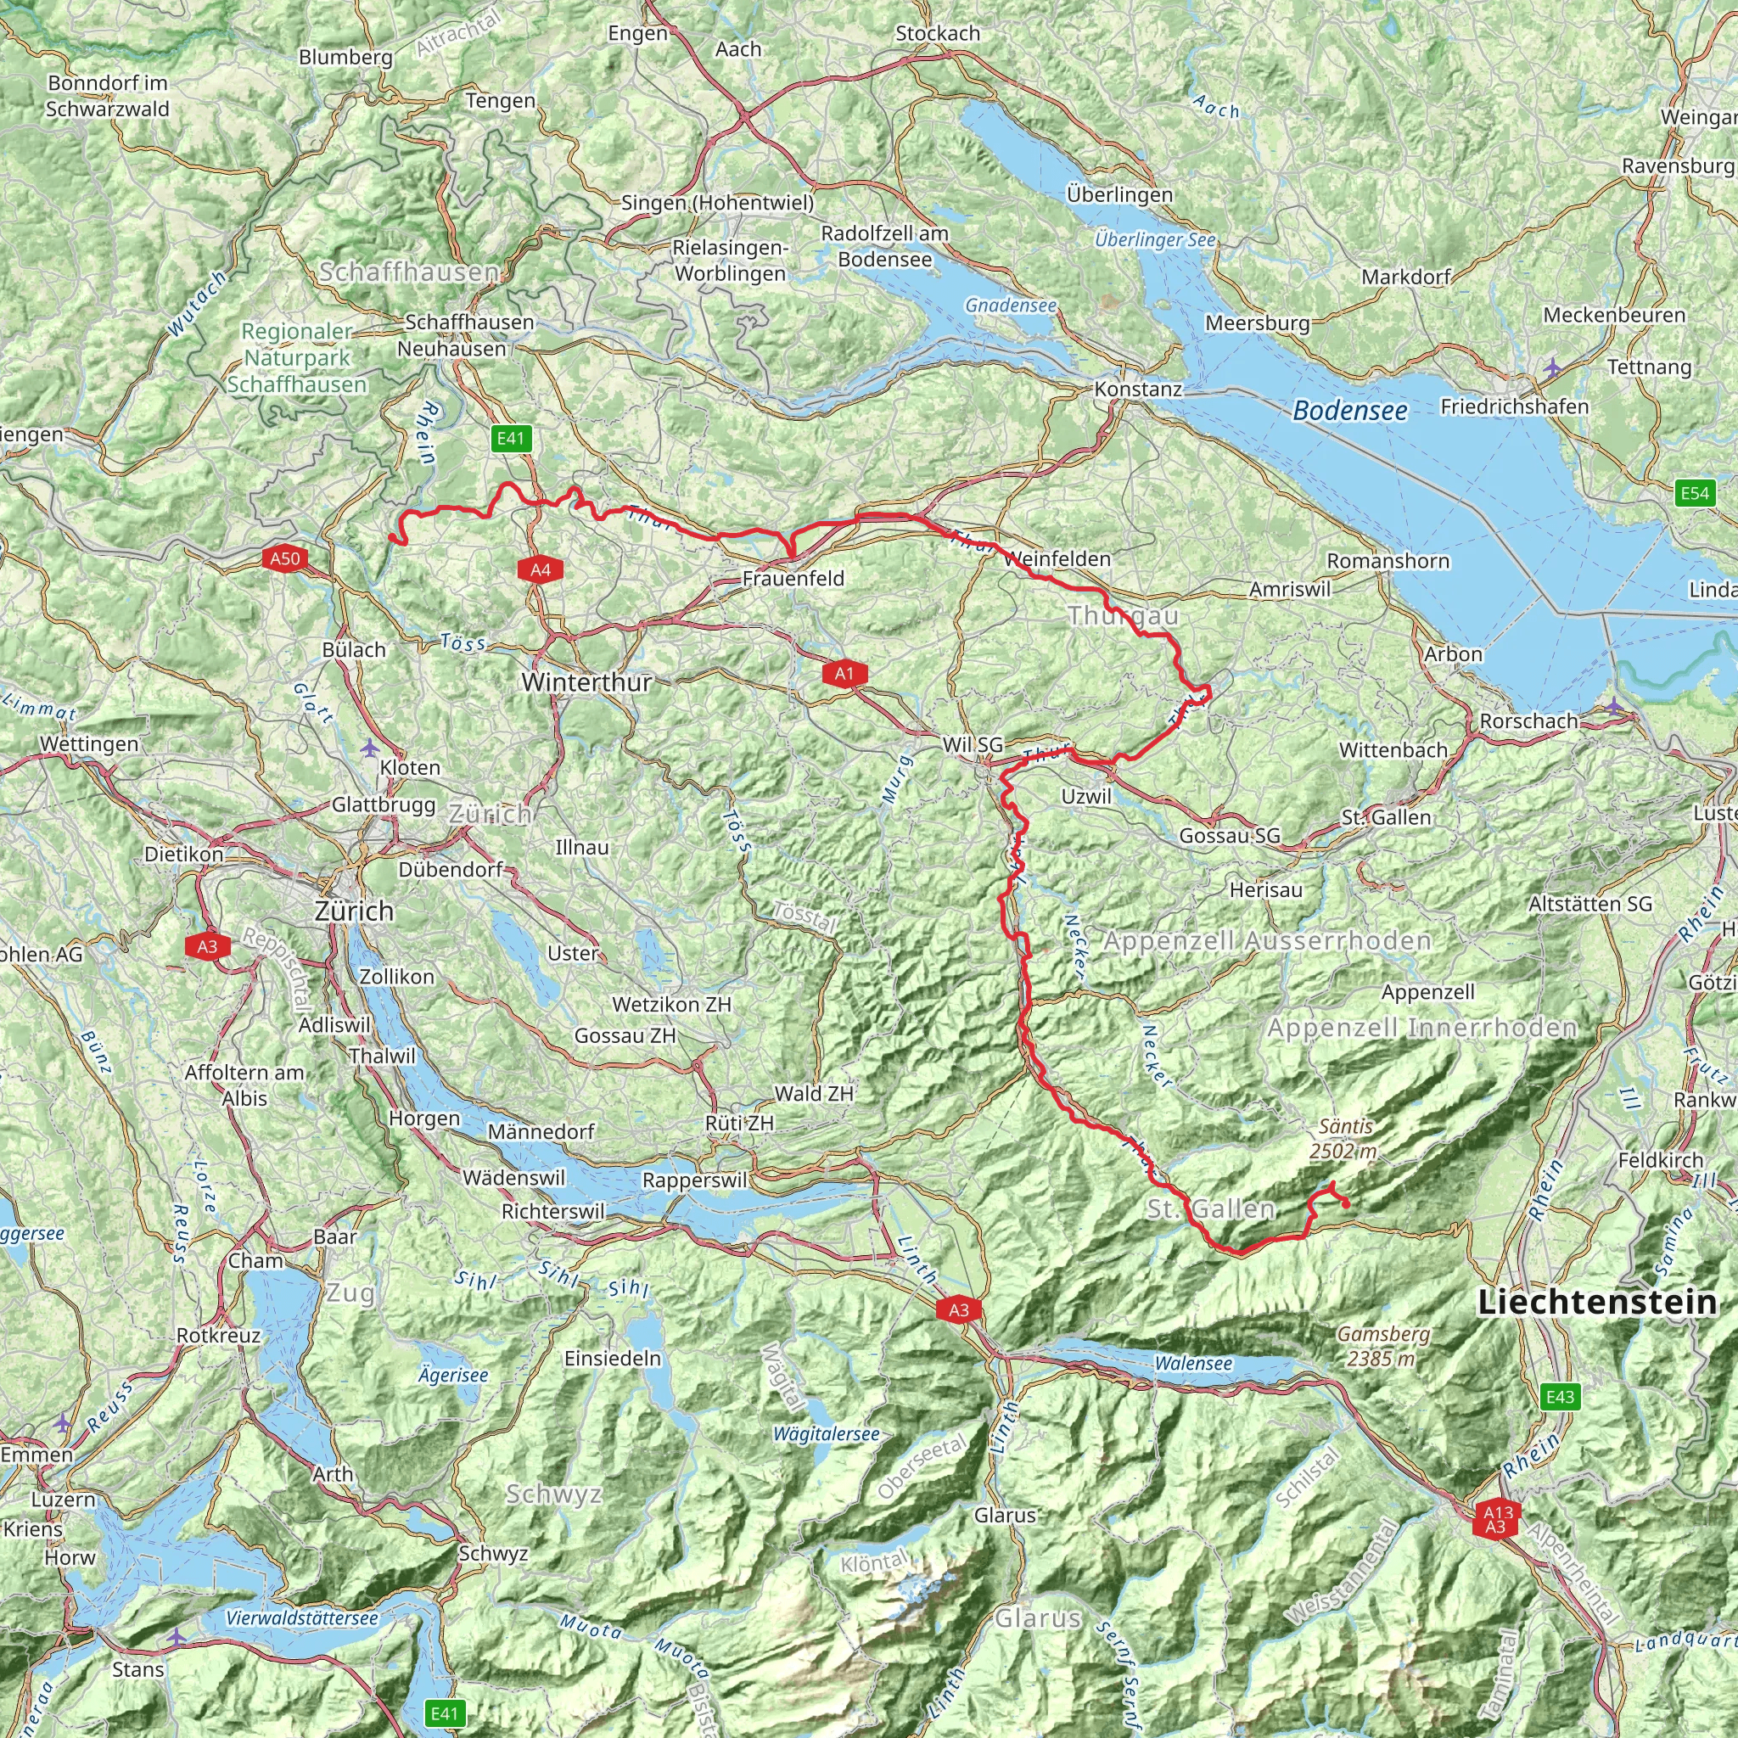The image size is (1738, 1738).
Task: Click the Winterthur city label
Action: (586, 682)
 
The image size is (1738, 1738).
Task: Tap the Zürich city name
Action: (355, 911)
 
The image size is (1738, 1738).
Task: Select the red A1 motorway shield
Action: (844, 673)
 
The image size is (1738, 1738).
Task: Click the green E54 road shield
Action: (1695, 492)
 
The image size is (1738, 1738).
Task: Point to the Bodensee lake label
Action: (1349, 411)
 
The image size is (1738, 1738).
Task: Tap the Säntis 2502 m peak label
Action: (1344, 1138)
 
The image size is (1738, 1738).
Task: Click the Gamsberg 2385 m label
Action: (1381, 1346)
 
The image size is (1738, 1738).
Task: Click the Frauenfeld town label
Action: (793, 579)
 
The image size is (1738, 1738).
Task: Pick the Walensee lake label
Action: (1193, 1363)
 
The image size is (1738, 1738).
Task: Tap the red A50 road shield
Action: (285, 558)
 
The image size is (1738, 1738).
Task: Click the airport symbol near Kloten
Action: (369, 747)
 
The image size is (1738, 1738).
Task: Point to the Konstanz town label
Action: (1137, 390)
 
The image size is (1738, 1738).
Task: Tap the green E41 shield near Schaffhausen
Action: (510, 438)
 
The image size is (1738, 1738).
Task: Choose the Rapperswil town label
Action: (694, 1180)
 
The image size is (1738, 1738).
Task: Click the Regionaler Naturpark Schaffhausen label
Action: (297, 358)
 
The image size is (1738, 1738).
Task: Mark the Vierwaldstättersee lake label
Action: (301, 1617)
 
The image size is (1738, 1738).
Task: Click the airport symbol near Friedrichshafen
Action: (1552, 367)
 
